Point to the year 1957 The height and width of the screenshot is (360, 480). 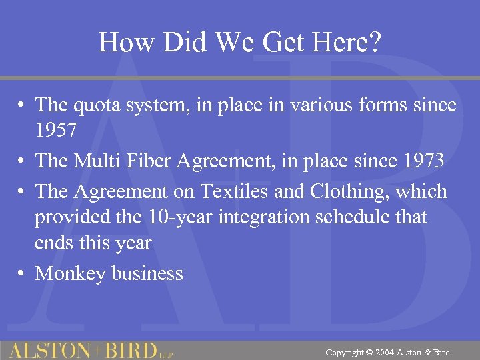pyautogui.click(x=57, y=131)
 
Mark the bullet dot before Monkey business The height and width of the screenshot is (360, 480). pyautogui.click(x=22, y=273)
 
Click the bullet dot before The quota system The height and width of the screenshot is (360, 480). pyautogui.click(x=22, y=105)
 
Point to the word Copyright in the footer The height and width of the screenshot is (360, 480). pyautogui.click(x=345, y=352)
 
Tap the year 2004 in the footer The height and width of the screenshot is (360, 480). pyautogui.click(x=385, y=352)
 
